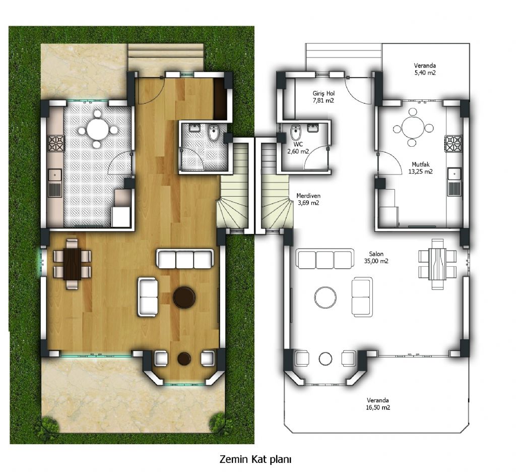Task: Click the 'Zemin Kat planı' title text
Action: point(255,459)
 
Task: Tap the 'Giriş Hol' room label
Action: point(324,94)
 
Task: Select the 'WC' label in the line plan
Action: point(298,144)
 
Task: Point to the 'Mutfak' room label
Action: point(421,164)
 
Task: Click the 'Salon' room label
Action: point(376,254)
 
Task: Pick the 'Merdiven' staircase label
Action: point(308,196)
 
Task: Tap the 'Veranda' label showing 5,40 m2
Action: point(425,66)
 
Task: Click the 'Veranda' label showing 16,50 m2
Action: point(378,400)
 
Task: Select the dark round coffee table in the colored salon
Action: point(184,297)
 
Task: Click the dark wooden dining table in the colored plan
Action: point(72,264)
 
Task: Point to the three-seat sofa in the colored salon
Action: point(184,259)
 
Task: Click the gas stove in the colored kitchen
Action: point(56,143)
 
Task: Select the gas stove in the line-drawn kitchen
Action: point(454,144)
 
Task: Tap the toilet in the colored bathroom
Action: point(214,132)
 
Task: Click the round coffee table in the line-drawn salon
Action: point(326,297)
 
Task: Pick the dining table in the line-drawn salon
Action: point(437,264)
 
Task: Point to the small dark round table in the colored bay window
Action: point(184,359)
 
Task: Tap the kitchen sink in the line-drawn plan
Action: point(455,182)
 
